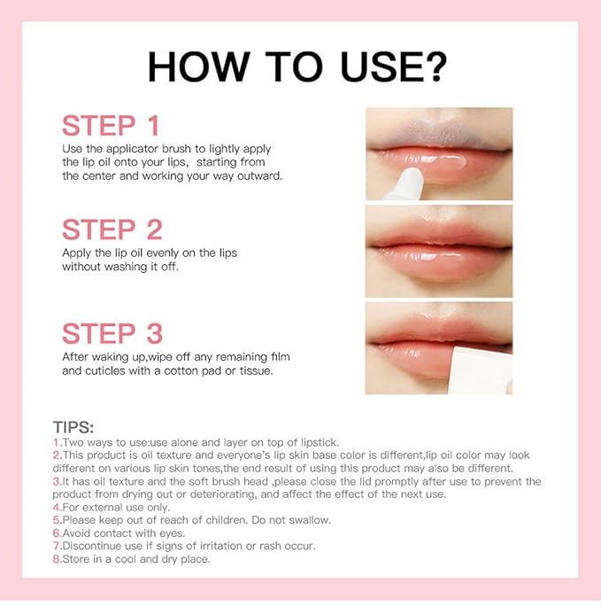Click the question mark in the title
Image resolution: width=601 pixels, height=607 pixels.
tap(435, 66)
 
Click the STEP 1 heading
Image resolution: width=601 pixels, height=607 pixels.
tap(112, 125)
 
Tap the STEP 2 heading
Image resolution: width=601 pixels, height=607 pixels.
tap(112, 230)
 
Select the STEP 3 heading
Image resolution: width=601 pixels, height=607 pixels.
tap(112, 333)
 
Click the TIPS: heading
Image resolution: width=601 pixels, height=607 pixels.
tap(80, 426)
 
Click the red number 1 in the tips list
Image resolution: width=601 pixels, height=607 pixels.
tap(57, 442)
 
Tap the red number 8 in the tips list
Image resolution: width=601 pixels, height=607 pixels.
tap(57, 559)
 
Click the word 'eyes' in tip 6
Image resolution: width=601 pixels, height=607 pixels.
tap(169, 533)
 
